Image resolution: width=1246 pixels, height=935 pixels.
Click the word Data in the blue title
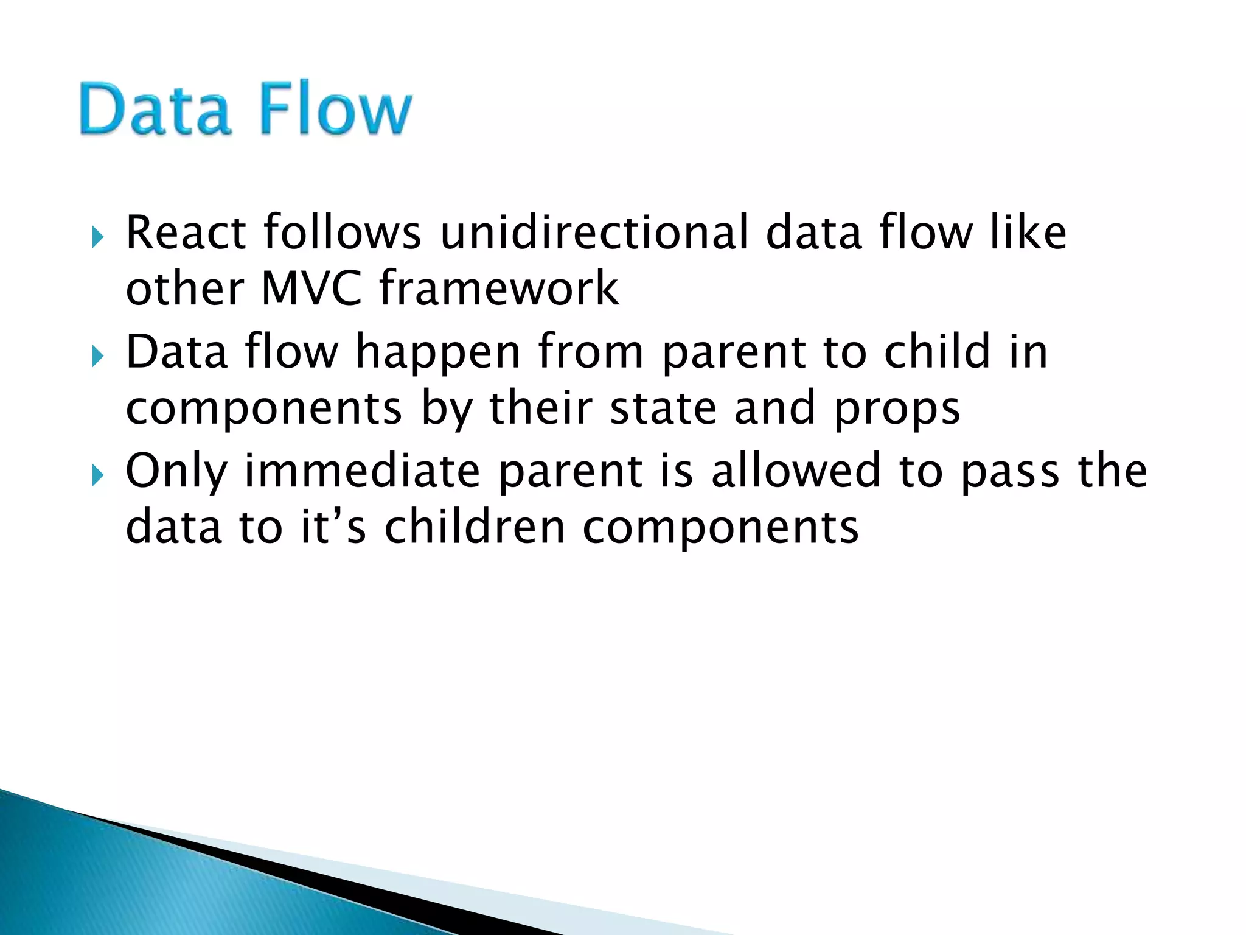tap(156, 110)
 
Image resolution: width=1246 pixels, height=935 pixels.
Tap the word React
tap(186, 233)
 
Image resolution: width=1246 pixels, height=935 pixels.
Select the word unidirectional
tap(594, 233)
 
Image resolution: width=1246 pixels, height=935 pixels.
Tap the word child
tap(937, 352)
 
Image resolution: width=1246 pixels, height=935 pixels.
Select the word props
tap(897, 409)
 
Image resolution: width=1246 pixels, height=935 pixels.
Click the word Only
tap(176, 472)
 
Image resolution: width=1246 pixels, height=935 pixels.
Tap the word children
tap(475, 527)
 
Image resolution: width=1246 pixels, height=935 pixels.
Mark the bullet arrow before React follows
tap(97, 237)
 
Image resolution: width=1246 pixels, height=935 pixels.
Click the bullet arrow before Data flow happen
tap(97, 356)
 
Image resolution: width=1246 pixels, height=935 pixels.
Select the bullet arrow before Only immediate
tap(97, 475)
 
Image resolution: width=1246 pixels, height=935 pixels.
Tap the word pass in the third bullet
tap(1010, 472)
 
